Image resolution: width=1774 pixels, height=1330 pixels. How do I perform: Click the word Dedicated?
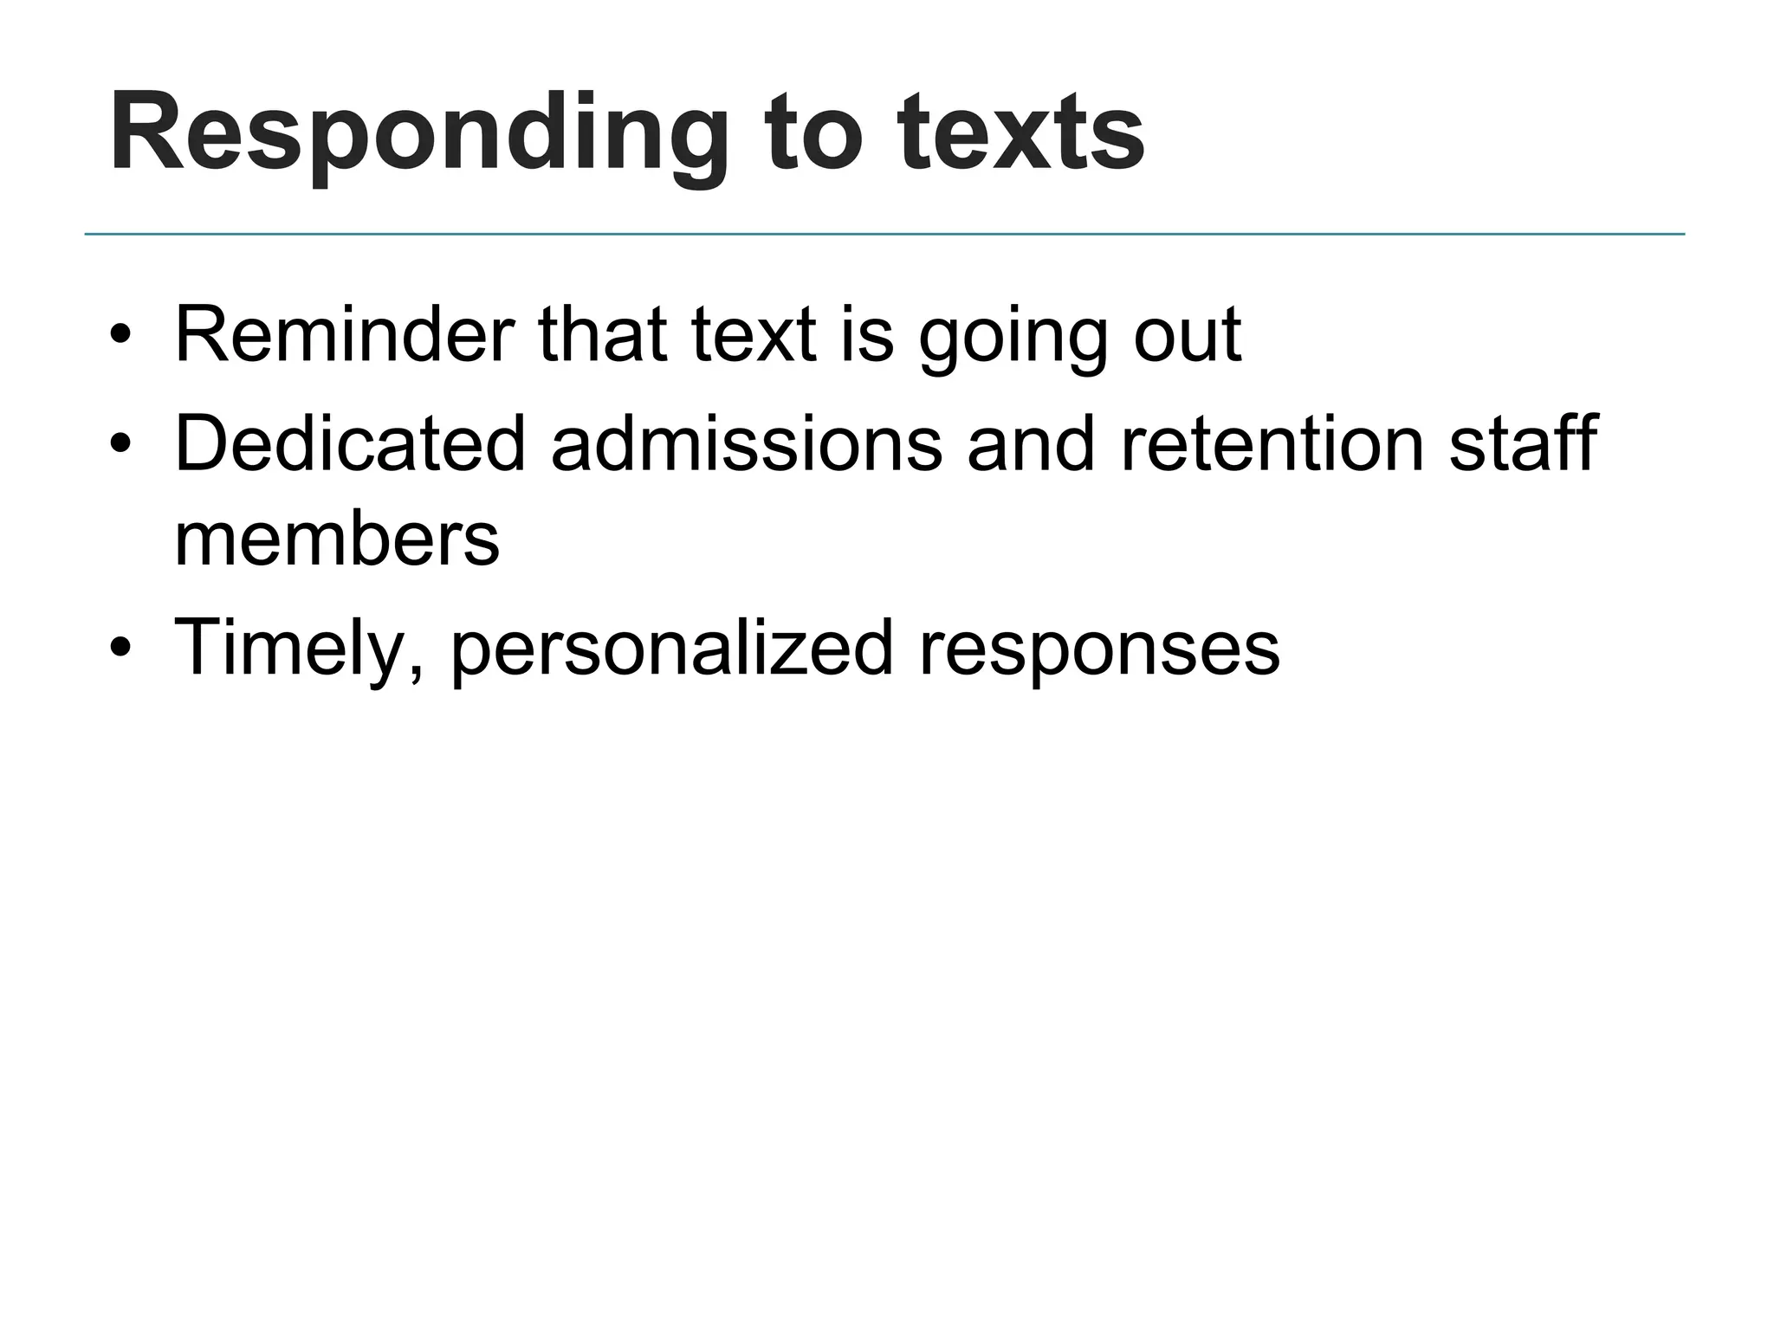tap(350, 443)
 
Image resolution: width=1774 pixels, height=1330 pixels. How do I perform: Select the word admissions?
tap(746, 443)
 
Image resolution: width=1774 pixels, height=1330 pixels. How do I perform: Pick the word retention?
tap(1272, 443)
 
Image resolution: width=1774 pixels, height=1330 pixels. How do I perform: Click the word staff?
tap(1523, 443)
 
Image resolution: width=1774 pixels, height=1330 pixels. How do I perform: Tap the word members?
tap(337, 539)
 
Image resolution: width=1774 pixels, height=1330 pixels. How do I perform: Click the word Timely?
tap(298, 648)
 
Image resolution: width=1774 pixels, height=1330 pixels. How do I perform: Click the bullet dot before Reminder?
tap(120, 336)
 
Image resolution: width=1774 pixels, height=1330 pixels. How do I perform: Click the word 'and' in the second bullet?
tap(1031, 443)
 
